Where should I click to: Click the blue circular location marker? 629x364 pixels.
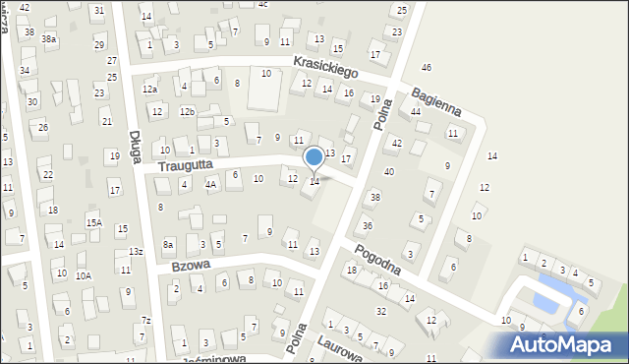314,156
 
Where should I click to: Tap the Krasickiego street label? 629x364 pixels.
325,67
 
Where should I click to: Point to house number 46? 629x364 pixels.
426,67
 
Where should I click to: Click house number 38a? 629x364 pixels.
48,39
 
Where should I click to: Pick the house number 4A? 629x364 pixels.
210,184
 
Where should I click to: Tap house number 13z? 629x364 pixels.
136,253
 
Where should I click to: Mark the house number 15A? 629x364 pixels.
93,223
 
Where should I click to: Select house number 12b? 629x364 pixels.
187,111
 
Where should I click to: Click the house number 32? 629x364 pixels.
381,311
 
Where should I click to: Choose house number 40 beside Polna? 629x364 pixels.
389,172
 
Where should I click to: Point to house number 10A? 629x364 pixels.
84,275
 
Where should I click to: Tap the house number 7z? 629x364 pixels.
145,320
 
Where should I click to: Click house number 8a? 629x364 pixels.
168,244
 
